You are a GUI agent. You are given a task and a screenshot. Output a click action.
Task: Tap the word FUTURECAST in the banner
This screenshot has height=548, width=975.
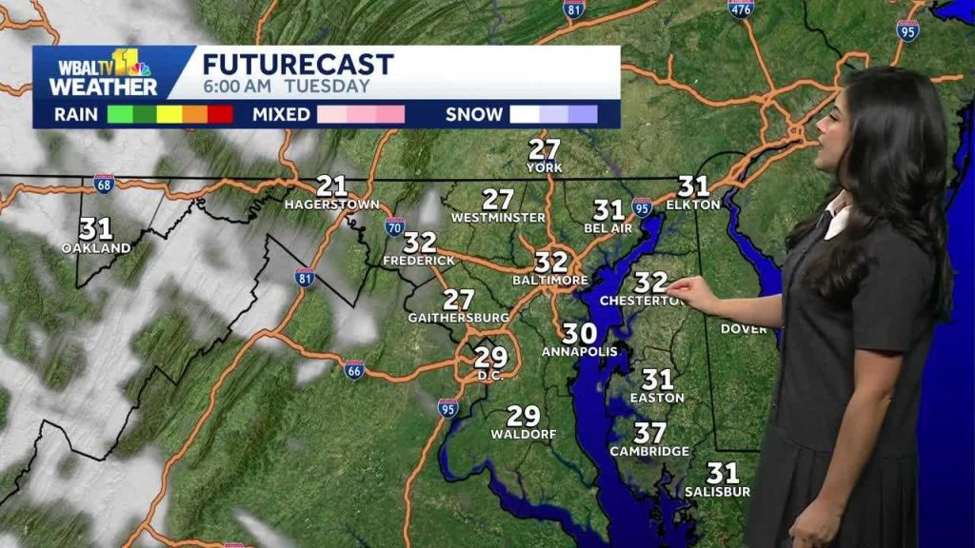pos(298,65)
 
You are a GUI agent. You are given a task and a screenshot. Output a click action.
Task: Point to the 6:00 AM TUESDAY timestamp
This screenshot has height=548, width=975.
pos(286,87)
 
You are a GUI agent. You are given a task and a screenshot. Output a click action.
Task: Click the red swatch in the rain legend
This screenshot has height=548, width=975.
pos(221,114)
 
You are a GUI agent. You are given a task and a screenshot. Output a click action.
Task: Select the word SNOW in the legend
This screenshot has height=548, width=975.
pos(474,114)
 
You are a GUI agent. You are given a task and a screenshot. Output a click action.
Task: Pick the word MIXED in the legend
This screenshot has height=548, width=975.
pos(282,114)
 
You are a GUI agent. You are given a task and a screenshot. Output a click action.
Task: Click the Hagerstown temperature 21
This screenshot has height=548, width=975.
pos(331,186)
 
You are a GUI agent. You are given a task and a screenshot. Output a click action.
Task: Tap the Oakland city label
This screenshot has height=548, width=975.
pos(96,248)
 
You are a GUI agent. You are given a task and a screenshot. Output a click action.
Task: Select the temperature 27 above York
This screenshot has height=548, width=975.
pos(545,149)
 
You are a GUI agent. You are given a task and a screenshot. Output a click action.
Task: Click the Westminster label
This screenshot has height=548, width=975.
pos(498,218)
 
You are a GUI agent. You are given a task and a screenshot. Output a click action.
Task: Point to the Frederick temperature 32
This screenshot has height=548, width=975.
pos(420,243)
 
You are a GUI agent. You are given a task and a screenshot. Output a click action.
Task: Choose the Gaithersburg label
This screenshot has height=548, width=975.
pos(458,317)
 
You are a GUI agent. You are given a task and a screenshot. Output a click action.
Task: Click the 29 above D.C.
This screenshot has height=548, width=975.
pos(491,357)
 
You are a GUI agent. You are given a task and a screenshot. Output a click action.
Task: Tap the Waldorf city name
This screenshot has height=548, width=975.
pos(523,435)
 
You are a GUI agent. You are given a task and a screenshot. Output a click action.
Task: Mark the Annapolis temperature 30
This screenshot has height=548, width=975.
pos(579,333)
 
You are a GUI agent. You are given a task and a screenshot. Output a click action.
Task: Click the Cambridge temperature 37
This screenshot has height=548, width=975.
pos(650,433)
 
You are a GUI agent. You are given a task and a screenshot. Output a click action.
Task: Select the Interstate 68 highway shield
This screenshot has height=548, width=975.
pos(104,183)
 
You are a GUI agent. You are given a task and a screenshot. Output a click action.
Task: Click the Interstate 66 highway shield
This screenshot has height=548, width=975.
pos(353,369)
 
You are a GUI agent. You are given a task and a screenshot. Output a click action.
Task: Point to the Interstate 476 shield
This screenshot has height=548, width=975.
pos(741,9)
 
